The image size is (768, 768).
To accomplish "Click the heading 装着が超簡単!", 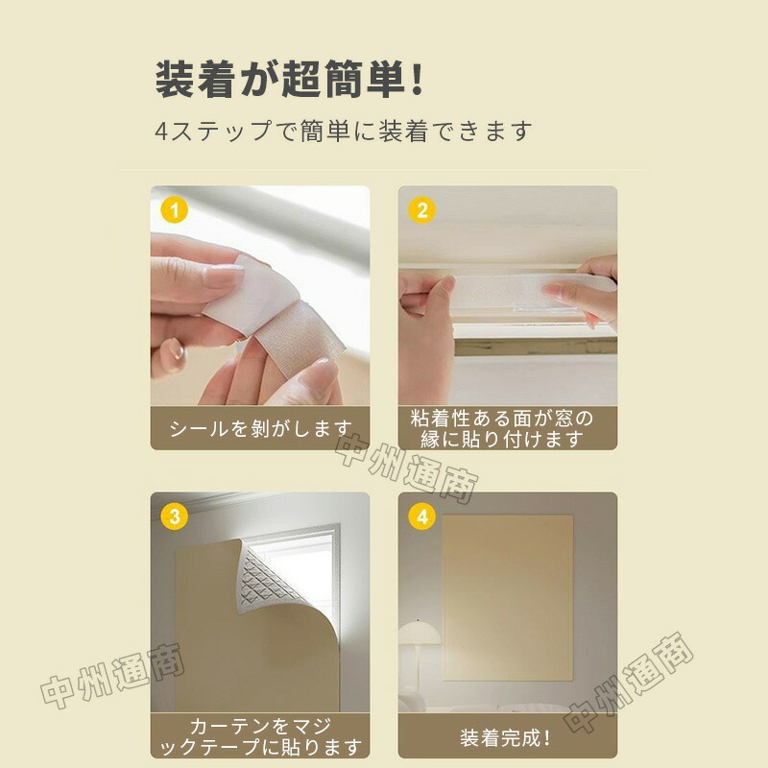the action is [x=289, y=79].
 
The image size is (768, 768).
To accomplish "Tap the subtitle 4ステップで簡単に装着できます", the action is [x=344, y=132].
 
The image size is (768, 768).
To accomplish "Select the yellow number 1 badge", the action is [x=175, y=210].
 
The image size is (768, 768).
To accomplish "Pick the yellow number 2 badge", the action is [x=422, y=210].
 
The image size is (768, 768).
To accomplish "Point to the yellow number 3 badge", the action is [x=175, y=516].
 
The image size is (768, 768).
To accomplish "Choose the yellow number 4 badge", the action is [x=422, y=516].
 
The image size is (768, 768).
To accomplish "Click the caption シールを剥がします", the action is [x=261, y=428].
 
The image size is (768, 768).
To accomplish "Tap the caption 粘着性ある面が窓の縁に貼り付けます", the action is [x=502, y=428].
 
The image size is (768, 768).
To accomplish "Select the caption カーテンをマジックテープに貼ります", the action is [x=261, y=736].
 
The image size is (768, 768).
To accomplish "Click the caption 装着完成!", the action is [x=506, y=737].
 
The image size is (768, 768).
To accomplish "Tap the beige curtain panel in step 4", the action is [x=508, y=597].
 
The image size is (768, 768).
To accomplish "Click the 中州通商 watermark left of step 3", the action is [x=112, y=677].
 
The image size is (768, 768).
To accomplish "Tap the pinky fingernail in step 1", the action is [x=175, y=350].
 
